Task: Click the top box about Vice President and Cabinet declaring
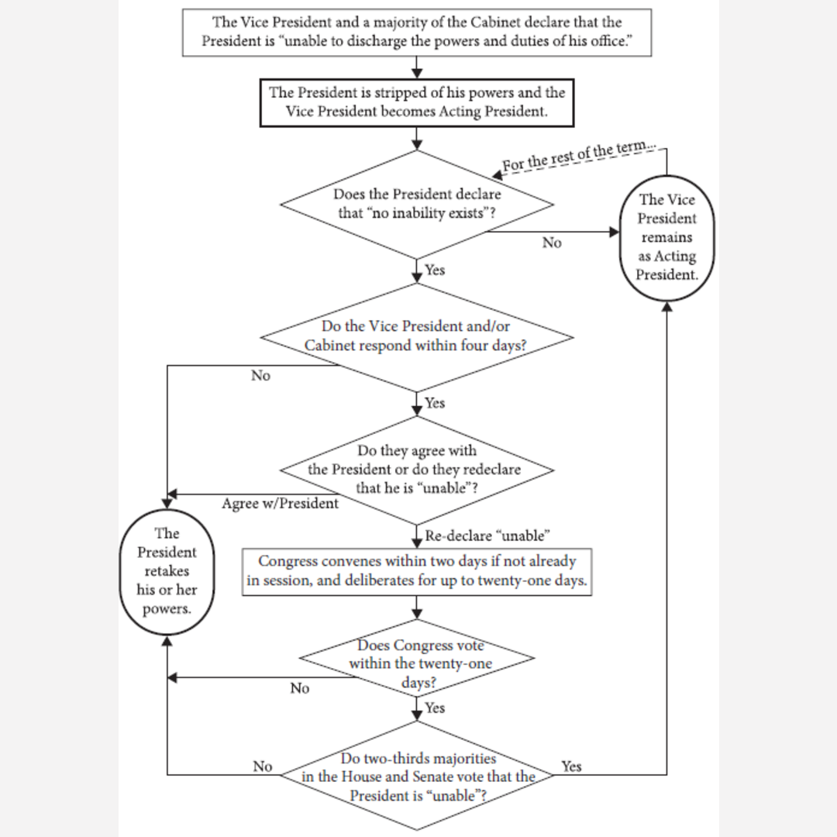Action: click(x=416, y=33)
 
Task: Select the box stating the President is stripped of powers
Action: click(x=417, y=102)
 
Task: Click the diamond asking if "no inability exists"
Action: click(x=417, y=204)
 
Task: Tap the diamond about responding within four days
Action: click(x=417, y=336)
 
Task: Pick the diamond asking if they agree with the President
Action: click(x=417, y=469)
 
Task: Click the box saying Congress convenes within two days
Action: click(x=417, y=570)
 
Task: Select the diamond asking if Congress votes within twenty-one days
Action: click(x=417, y=663)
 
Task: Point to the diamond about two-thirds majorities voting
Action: click(x=417, y=777)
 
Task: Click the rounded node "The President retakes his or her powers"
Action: click(x=167, y=570)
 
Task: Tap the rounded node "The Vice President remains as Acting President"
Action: click(x=666, y=237)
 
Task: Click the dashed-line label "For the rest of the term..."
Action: click(x=579, y=157)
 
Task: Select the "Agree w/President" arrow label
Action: click(x=280, y=504)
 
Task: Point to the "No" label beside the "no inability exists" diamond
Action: click(x=552, y=243)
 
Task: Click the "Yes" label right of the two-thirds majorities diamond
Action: click(x=571, y=766)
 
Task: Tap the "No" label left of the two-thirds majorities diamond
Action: click(x=263, y=766)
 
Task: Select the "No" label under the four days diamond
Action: click(x=260, y=376)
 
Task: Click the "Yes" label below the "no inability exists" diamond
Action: click(x=435, y=270)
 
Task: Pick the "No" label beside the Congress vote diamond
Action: click(x=300, y=688)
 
